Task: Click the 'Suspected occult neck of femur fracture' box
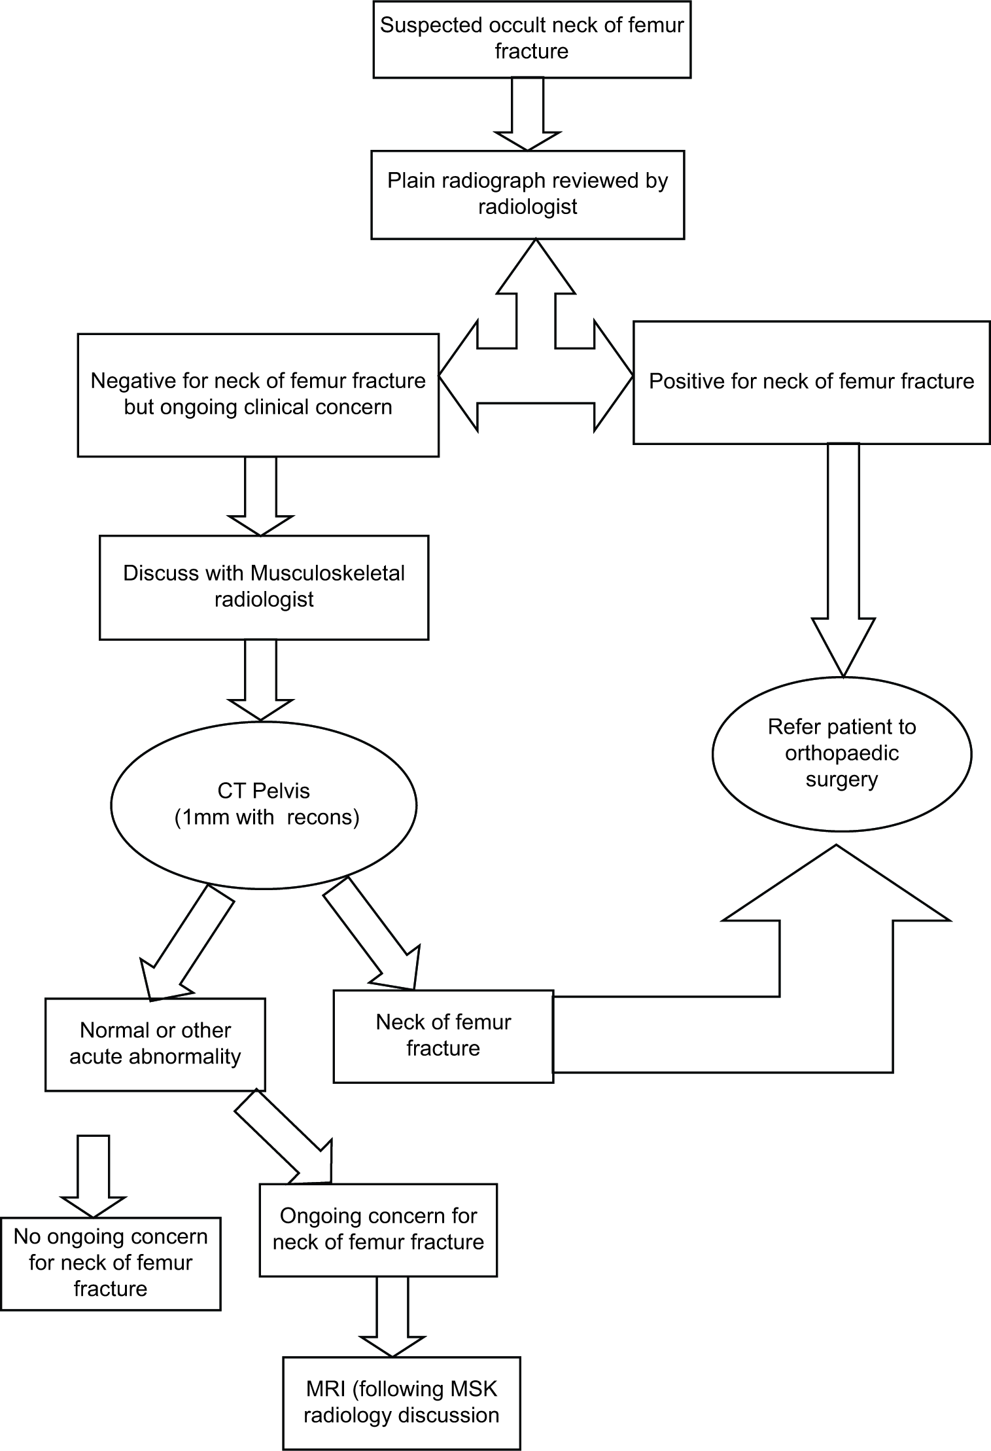pos(532,39)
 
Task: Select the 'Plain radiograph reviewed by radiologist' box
pos(528,194)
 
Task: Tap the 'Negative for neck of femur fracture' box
pos(258,395)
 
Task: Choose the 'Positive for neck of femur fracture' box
pos(812,382)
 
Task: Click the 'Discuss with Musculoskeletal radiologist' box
pos(264,587)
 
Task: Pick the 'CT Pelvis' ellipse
pos(264,804)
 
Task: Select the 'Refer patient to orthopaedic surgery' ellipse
pos(842,753)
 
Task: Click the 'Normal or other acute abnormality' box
pos(156,1044)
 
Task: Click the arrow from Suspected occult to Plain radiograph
pos(527,115)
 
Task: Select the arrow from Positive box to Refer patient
pos(843,560)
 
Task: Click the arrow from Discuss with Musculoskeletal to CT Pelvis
pos(260,680)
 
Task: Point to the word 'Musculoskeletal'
pos(328,573)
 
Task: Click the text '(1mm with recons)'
pos(267,817)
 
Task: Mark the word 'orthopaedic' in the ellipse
pos(842,753)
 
